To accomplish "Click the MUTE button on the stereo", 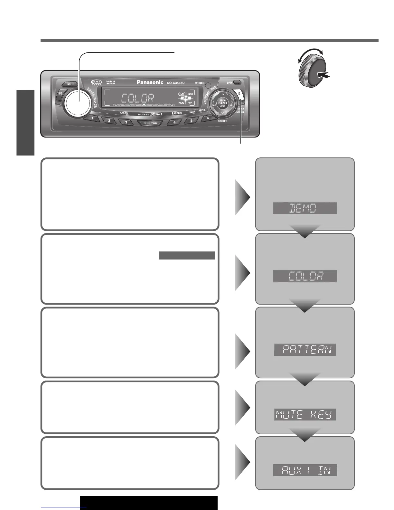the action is pos(70,84).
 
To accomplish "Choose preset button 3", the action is pos(126,122).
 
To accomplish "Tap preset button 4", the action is pos(174,122).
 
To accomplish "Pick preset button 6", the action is pos(207,118).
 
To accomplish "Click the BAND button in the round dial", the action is pos(222,103).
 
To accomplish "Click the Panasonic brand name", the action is pos(150,82).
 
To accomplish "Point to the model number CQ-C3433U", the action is pos(178,83).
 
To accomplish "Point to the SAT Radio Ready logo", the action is pos(96,82).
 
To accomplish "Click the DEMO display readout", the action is pos(305,208).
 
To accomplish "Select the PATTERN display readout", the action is pos(305,350).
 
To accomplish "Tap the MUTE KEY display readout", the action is pos(305,414).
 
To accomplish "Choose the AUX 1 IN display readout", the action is pos(305,470).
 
